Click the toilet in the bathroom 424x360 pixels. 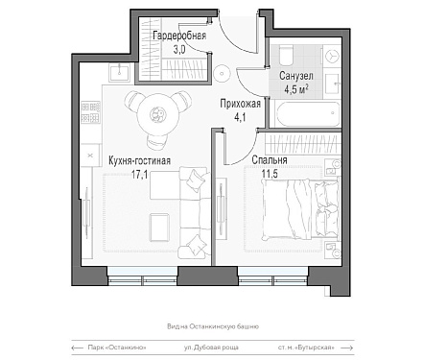(x=286, y=56)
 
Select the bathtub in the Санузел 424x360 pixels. (x=307, y=114)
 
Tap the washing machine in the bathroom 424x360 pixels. (x=332, y=56)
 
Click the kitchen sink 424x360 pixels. (x=120, y=72)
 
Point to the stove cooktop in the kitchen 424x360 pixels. (x=90, y=112)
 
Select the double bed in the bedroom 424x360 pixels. (x=300, y=209)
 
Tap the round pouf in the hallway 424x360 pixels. (x=222, y=73)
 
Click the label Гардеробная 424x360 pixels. (x=179, y=36)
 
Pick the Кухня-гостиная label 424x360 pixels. (x=139, y=160)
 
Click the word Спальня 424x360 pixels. (x=270, y=159)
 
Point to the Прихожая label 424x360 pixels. (x=240, y=104)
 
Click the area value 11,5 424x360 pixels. (x=270, y=174)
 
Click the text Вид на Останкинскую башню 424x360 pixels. (x=213, y=326)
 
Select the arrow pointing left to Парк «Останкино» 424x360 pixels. (x=77, y=348)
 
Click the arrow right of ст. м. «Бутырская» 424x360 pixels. (x=347, y=348)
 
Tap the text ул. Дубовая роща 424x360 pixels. (x=211, y=348)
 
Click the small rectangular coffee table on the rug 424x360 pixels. (x=159, y=228)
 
